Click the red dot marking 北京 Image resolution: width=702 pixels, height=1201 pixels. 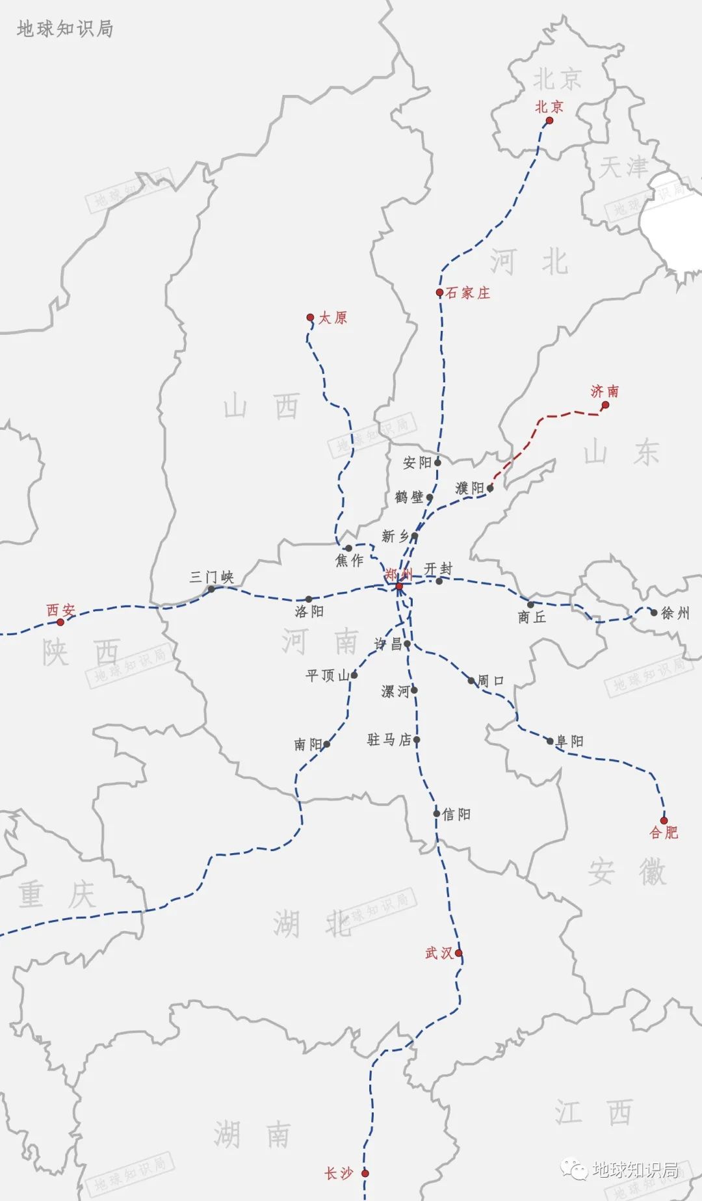pyautogui.click(x=549, y=120)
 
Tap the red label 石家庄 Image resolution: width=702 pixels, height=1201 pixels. pyautogui.click(x=467, y=293)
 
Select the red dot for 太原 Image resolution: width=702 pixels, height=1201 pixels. pyautogui.click(x=310, y=317)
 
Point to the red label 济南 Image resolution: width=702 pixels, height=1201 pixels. pyautogui.click(x=604, y=391)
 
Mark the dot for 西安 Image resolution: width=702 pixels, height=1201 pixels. pyautogui.click(x=60, y=622)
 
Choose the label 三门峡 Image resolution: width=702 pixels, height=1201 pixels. pyautogui.click(x=211, y=577)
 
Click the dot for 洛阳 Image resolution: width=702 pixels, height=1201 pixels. pyautogui.click(x=309, y=599)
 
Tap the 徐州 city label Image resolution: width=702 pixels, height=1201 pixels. pyautogui.click(x=675, y=613)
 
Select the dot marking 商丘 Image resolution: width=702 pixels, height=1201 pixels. pyautogui.click(x=530, y=605)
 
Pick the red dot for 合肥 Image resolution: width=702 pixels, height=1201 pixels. pyautogui.click(x=664, y=821)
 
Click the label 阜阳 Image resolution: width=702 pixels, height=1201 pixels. pyautogui.click(x=570, y=741)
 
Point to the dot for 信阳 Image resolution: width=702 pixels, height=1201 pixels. pyautogui.click(x=437, y=813)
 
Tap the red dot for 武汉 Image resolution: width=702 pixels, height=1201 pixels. pyautogui.click(x=459, y=953)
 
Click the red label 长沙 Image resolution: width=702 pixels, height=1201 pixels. pyautogui.click(x=338, y=1174)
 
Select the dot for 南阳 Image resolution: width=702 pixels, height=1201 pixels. pyautogui.click(x=326, y=745)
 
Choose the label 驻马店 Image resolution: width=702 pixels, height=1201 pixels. pyautogui.click(x=389, y=739)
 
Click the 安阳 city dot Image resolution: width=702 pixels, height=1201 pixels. pyautogui.click(x=437, y=462)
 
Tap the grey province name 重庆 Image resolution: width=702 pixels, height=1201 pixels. pyautogui.click(x=57, y=895)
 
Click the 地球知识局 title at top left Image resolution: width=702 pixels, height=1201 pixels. pyautogui.click(x=65, y=29)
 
